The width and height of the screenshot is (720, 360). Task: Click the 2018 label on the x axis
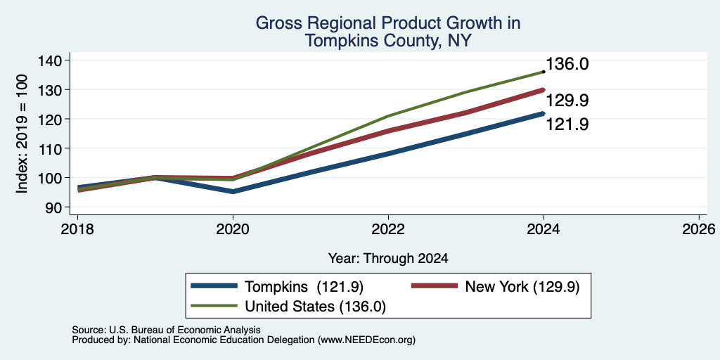77,229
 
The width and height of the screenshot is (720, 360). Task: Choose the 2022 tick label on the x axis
388,229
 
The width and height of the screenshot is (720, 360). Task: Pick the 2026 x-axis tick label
699,229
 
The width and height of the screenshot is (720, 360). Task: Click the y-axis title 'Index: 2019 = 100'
22,134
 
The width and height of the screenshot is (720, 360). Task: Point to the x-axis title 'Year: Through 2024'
388,259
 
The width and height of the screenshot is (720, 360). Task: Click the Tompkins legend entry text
304,287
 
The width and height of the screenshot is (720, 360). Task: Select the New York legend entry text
522,287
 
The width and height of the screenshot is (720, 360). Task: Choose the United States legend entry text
316,307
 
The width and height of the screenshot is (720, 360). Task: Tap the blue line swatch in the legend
214,286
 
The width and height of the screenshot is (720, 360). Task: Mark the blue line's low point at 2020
233,191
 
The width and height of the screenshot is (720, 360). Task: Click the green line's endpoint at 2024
544,72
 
